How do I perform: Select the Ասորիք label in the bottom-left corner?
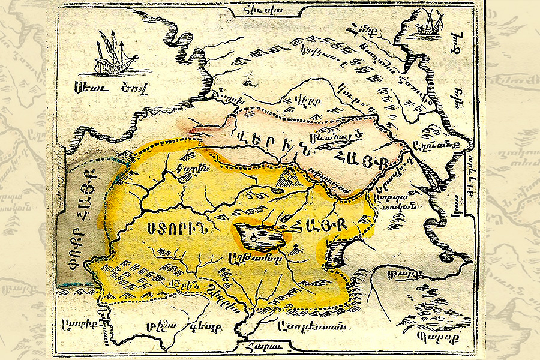click(x=78, y=323)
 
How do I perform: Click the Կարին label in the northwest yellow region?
click(x=187, y=170)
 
